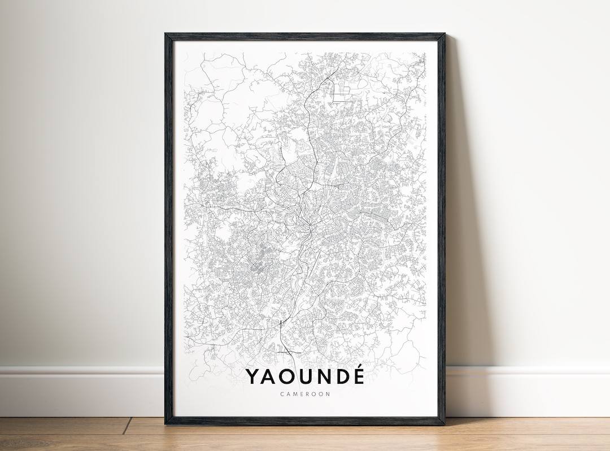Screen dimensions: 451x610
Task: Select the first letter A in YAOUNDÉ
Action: (x=269, y=377)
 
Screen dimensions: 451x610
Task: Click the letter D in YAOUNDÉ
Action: (x=341, y=377)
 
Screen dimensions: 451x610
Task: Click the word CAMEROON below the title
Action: (x=305, y=394)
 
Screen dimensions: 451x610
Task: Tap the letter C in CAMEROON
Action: (x=282, y=394)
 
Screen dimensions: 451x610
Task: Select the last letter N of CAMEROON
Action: (x=328, y=394)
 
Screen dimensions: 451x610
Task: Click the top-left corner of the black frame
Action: (x=166, y=34)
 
